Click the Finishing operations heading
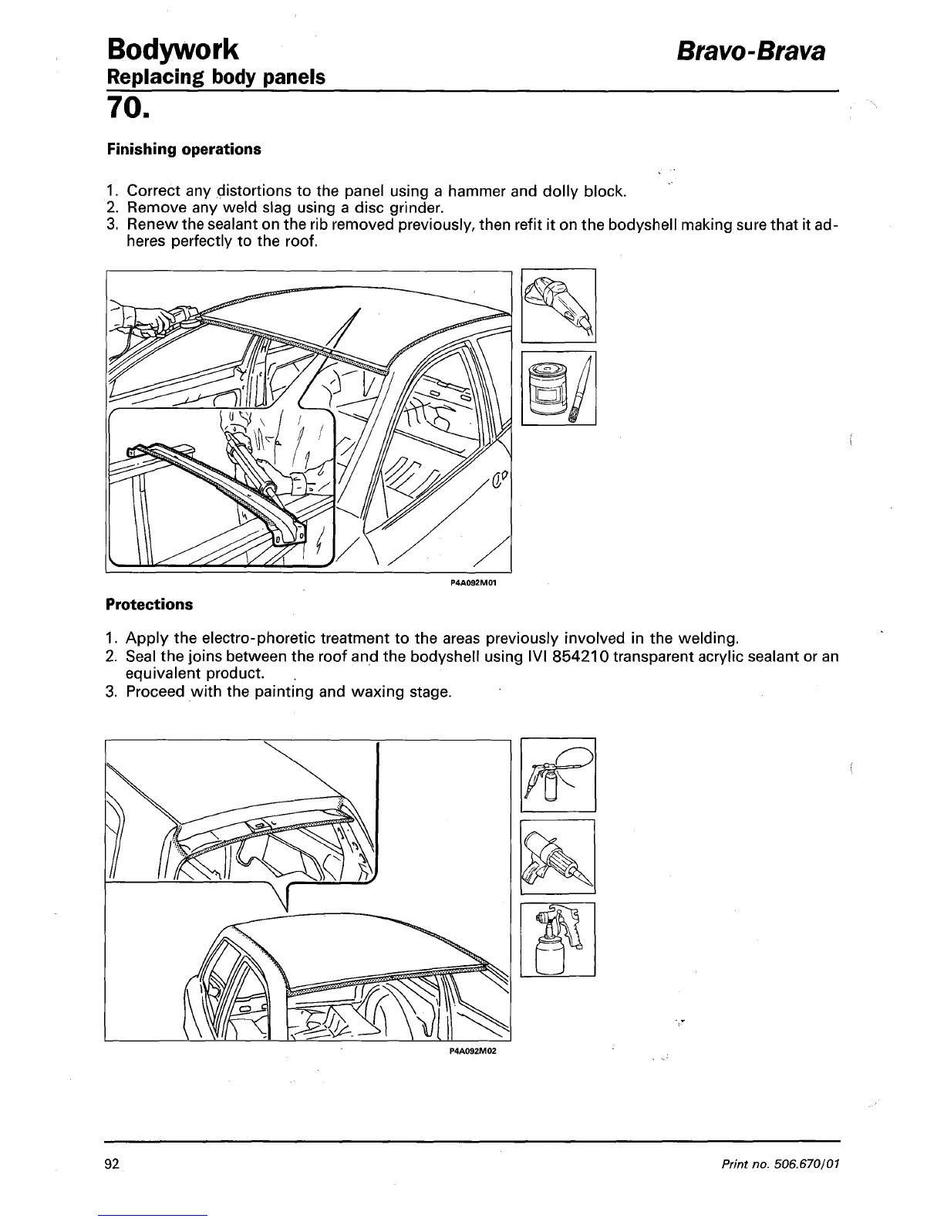point(184,149)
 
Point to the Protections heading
point(149,604)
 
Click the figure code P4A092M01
point(471,583)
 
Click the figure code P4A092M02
point(471,1051)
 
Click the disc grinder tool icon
point(558,305)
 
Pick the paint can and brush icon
point(558,388)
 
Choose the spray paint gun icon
point(558,939)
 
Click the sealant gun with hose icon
point(558,775)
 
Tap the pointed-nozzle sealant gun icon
point(558,856)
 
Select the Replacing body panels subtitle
point(215,77)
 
